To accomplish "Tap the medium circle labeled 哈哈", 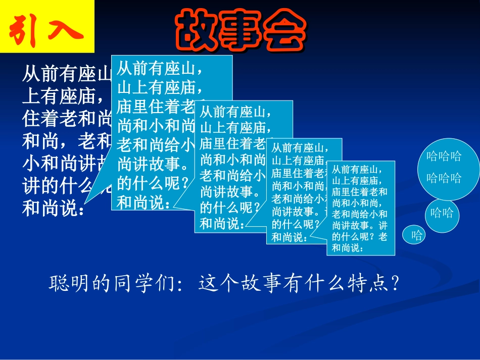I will pos(442,213).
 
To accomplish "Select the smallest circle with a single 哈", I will pos(416,235).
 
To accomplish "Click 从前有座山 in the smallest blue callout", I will pos(356,170).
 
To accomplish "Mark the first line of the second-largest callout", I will pos(232,111).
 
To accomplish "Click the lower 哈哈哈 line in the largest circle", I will pos(444,178).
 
